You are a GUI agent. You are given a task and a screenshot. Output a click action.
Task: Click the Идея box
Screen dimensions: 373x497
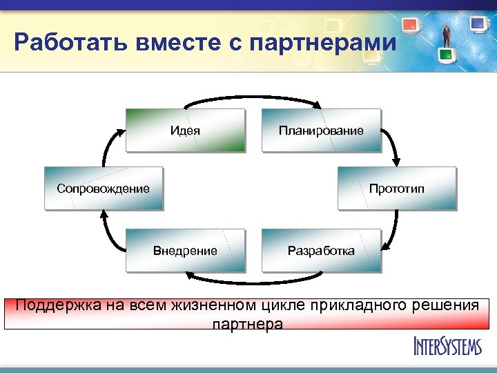[x=185, y=130]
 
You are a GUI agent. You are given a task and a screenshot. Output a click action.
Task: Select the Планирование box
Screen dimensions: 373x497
[x=321, y=130]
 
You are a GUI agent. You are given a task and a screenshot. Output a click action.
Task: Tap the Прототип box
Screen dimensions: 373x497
[x=396, y=188]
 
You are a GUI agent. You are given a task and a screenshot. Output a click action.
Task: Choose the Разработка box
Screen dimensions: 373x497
[x=321, y=250]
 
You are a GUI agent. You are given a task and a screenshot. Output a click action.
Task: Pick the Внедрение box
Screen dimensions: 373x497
[x=185, y=250]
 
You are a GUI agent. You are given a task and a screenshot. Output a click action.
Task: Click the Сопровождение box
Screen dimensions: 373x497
[x=104, y=188]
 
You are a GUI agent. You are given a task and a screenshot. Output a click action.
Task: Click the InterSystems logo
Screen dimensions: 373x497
[x=447, y=345]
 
